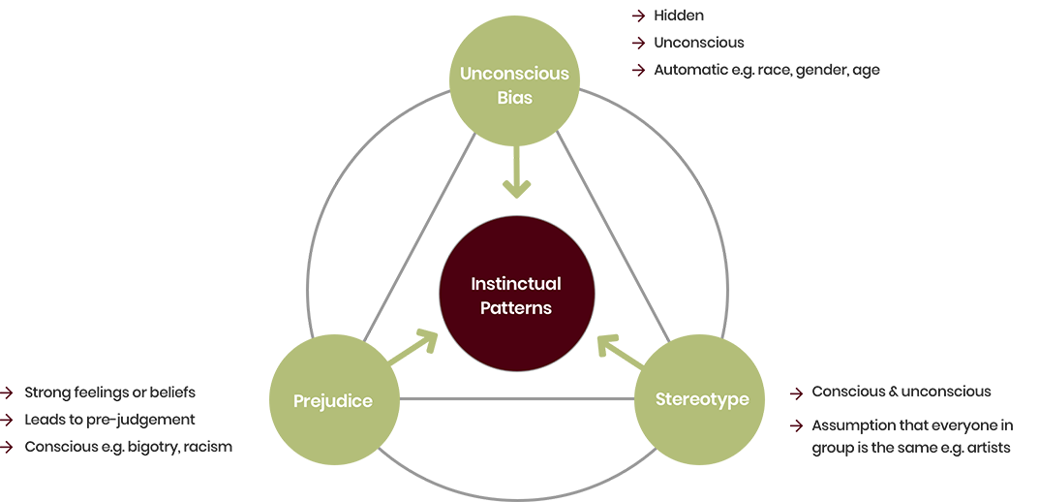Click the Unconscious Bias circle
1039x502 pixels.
tap(514, 84)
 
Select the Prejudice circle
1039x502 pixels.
tap(332, 400)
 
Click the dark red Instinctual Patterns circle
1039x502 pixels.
tap(516, 296)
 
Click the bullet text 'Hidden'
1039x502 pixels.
tap(678, 16)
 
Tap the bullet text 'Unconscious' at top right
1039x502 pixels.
tap(698, 43)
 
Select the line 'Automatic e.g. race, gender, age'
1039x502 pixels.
tap(766, 70)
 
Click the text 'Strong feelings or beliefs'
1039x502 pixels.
tap(109, 392)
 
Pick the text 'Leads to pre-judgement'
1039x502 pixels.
tap(109, 420)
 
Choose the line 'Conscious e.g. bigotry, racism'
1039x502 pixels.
tap(128, 447)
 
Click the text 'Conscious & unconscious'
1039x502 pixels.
tap(901, 392)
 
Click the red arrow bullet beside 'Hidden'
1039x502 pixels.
tap(638, 16)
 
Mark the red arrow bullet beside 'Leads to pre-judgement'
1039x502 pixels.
tap(8, 420)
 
